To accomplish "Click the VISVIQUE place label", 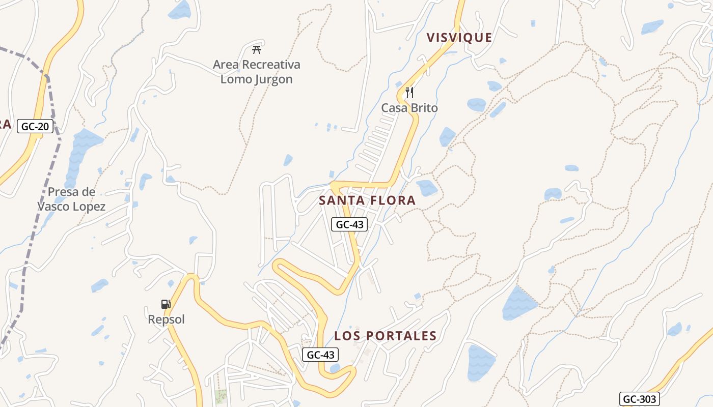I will (x=459, y=38).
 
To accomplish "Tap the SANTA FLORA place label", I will (x=367, y=200).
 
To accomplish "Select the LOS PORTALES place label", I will (x=386, y=336).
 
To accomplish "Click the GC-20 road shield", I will (x=35, y=126).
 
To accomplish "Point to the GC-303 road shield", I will (x=639, y=399).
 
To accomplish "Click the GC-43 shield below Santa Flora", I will (x=349, y=224).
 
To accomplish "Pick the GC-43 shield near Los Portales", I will (x=320, y=355).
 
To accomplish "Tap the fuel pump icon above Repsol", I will (x=166, y=304).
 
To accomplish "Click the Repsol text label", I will (x=166, y=319).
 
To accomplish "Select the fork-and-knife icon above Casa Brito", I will (x=409, y=93).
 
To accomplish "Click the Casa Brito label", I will (x=409, y=108).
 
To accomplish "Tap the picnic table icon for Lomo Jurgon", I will (x=257, y=50).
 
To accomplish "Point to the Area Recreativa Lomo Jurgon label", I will (x=257, y=72).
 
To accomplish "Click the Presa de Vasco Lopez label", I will (x=71, y=199).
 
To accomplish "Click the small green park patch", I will (x=221, y=396).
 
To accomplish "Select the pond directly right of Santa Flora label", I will (x=427, y=188).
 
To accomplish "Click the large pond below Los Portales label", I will (x=481, y=363).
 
